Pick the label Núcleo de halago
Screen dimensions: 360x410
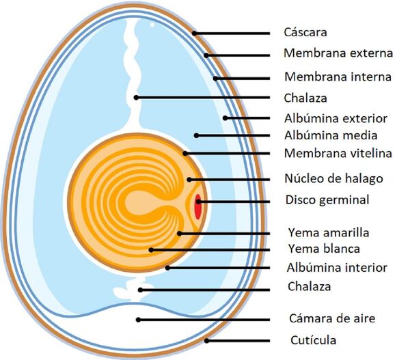[333, 179]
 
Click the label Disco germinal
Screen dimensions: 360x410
[327, 200]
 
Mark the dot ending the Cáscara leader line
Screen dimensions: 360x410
[195, 33]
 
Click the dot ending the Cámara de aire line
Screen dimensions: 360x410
[139, 319]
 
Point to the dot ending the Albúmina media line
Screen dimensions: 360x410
[196, 135]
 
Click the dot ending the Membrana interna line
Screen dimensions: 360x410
[216, 77]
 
